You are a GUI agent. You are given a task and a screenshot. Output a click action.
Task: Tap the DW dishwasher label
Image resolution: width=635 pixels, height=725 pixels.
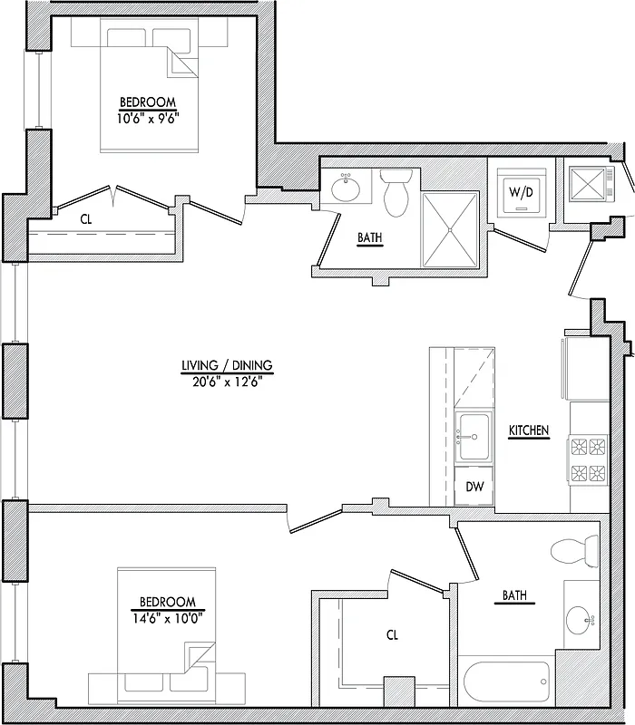(x=474, y=487)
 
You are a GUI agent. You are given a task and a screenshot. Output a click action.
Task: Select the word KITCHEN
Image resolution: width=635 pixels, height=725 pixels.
(x=529, y=430)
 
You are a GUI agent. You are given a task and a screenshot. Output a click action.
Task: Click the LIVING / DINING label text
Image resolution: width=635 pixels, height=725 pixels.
(x=227, y=366)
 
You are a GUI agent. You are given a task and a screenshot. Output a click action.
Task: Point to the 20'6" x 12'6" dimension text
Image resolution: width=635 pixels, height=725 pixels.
(x=227, y=381)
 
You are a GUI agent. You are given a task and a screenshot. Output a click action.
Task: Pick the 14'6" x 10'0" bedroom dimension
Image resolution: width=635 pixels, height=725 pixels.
(x=168, y=616)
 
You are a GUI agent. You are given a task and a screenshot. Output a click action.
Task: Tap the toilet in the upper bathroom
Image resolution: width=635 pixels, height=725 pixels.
(x=396, y=191)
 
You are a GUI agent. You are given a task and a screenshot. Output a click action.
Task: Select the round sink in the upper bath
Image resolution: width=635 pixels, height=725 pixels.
(x=346, y=189)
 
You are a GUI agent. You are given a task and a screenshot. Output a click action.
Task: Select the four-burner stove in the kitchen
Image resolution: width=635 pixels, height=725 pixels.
(x=586, y=459)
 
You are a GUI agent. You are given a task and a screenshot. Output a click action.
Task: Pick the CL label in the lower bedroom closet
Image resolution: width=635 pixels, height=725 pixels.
(x=393, y=636)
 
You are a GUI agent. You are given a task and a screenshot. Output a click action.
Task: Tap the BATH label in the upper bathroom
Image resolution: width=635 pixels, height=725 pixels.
(x=369, y=238)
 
